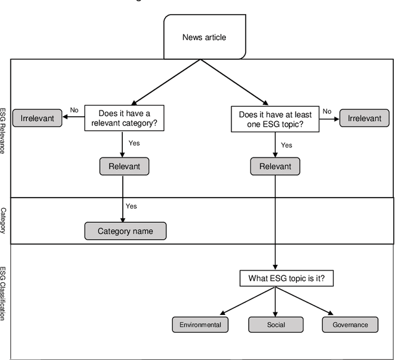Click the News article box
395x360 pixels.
(x=204, y=38)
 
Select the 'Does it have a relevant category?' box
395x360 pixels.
(x=125, y=118)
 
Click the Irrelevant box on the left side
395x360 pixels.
(x=37, y=119)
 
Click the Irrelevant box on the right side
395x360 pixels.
(x=364, y=119)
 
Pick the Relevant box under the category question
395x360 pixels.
(x=124, y=166)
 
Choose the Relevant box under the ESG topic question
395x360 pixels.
(x=275, y=166)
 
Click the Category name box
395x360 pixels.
(x=125, y=232)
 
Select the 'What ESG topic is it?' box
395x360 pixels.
(x=282, y=278)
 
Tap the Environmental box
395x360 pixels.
(x=200, y=325)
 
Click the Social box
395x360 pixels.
(x=275, y=325)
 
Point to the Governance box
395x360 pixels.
(x=350, y=325)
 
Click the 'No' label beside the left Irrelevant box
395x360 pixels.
(x=74, y=110)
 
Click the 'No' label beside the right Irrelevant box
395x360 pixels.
(x=327, y=112)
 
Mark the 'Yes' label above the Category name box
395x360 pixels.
(x=131, y=206)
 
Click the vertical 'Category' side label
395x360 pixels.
(x=4, y=220)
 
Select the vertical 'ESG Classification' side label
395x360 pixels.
(x=4, y=293)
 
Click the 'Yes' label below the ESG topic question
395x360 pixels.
(x=286, y=145)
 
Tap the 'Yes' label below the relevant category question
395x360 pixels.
(x=134, y=143)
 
